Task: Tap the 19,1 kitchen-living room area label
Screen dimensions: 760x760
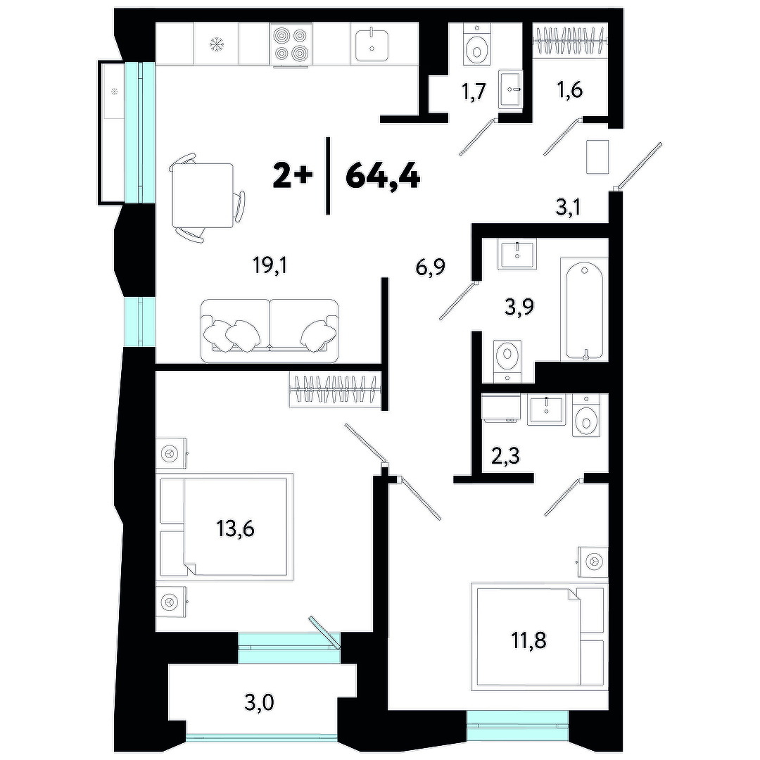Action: tap(270, 265)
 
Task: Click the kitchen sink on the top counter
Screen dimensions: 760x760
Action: tap(372, 45)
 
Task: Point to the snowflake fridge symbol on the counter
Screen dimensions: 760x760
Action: tap(217, 45)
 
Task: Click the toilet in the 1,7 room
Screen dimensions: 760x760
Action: tap(478, 44)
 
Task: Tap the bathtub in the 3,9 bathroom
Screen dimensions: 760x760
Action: tap(584, 310)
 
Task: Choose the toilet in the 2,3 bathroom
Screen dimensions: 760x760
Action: tap(586, 415)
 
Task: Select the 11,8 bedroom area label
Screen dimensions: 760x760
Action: tap(528, 640)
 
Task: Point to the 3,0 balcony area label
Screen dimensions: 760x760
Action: tap(259, 702)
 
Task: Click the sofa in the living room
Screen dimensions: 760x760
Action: tap(270, 331)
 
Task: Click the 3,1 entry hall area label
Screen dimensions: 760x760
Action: tap(568, 208)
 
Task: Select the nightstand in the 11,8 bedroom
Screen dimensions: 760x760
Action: tap(593, 562)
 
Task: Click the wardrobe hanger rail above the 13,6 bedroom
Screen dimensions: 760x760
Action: tap(336, 388)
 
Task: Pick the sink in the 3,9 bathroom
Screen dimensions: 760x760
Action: tap(518, 255)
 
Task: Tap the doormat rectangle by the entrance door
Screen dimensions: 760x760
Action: tap(597, 156)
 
